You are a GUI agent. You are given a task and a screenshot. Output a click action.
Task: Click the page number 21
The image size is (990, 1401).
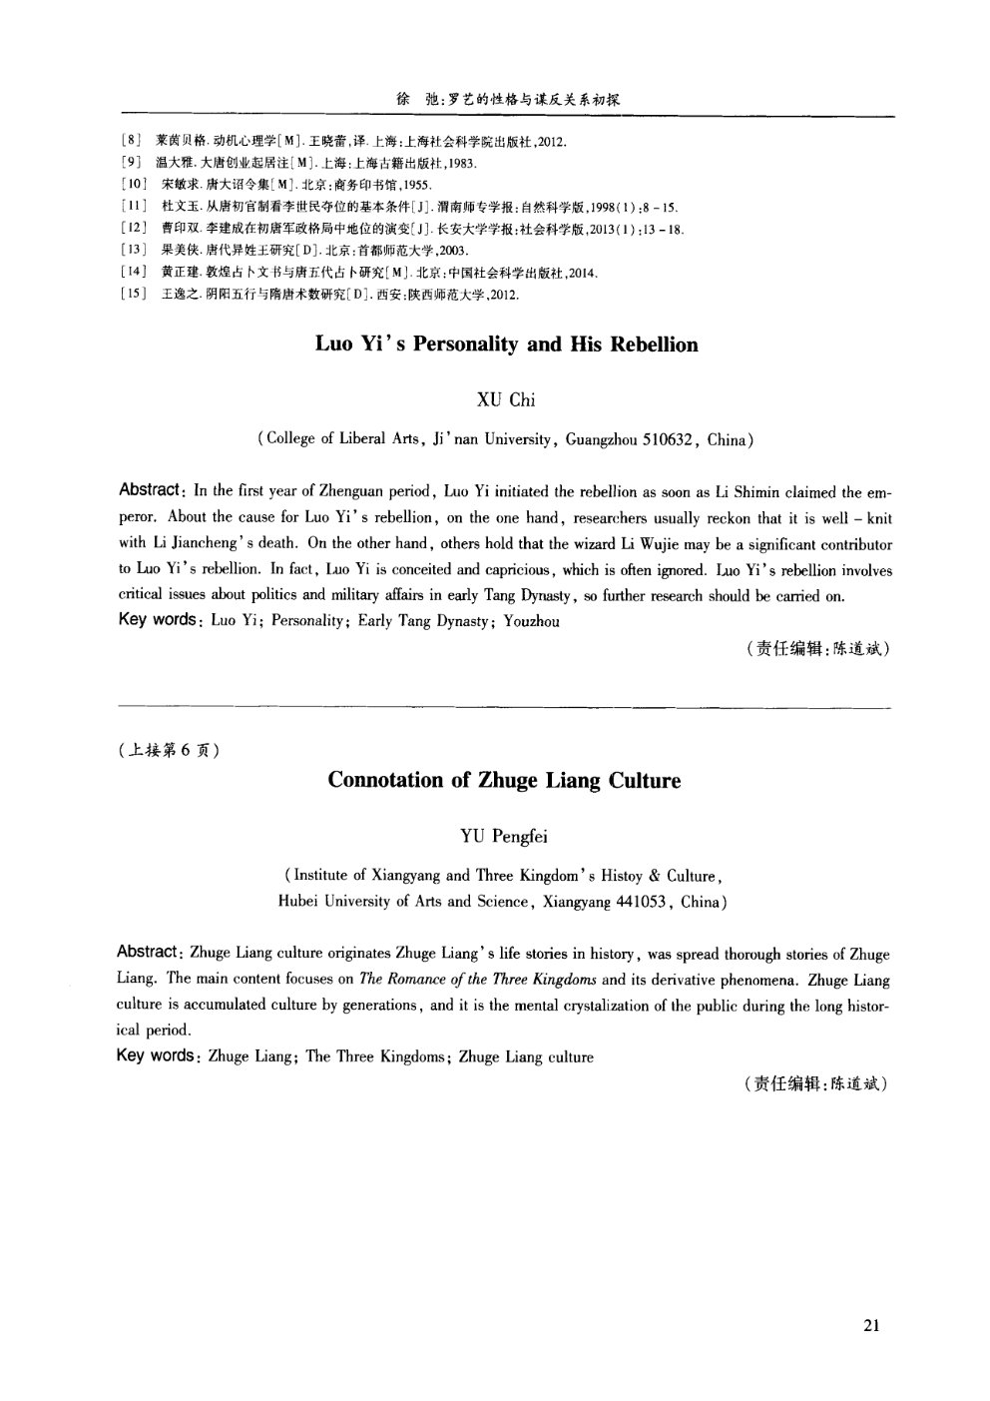(870, 1326)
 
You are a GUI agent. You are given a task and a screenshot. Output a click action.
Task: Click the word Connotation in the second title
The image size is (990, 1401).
(388, 781)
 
